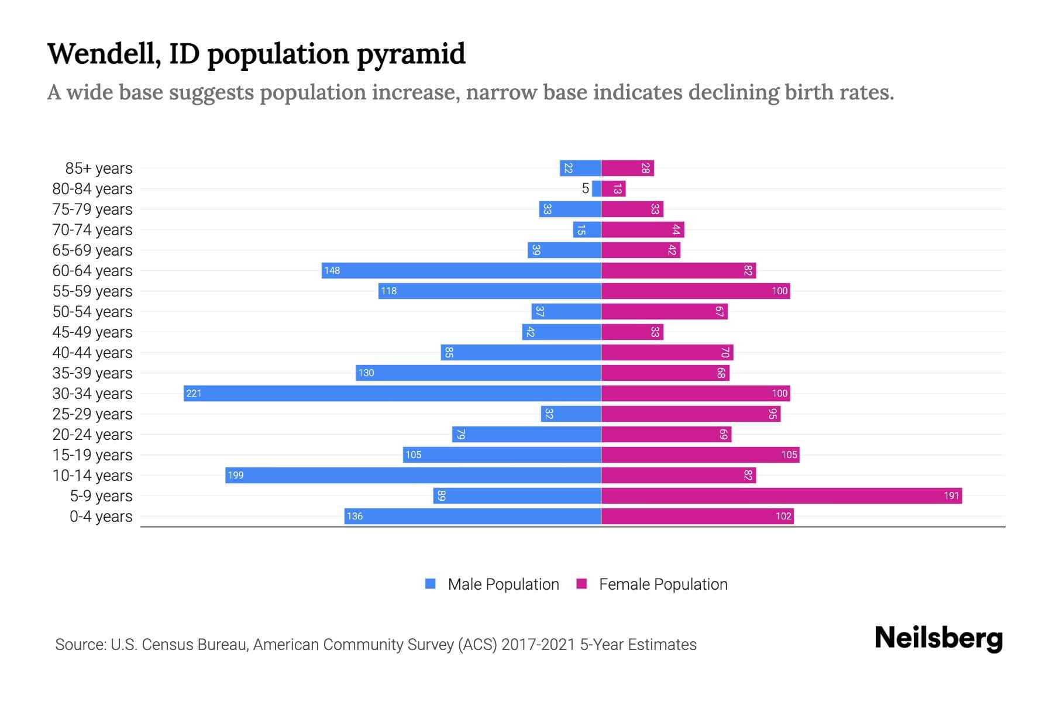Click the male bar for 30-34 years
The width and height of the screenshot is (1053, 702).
[x=392, y=393]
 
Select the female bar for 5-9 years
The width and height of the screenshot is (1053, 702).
[x=781, y=495]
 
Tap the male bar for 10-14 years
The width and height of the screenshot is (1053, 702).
[x=413, y=475]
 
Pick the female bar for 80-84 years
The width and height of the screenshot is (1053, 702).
[x=613, y=188]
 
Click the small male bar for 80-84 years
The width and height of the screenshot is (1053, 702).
[x=597, y=188]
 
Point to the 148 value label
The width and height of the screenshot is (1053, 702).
[x=332, y=270]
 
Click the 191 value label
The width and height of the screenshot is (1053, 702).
[x=951, y=495]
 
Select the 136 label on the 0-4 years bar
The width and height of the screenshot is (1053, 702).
[x=355, y=516]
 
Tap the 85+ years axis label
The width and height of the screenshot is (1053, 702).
[x=99, y=168]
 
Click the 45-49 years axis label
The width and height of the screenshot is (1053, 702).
[x=92, y=332]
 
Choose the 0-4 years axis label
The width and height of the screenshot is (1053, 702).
[x=101, y=517]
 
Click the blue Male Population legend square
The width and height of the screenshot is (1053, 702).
[x=431, y=584]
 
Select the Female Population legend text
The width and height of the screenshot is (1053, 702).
[x=663, y=584]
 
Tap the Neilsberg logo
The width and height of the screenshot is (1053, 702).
[x=938, y=638]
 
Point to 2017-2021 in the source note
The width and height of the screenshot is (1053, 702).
[x=538, y=645]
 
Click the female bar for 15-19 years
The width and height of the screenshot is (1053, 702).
[x=700, y=455]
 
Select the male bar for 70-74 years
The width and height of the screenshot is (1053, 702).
[x=587, y=229]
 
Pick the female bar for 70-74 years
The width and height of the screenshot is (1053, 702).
[x=642, y=229]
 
